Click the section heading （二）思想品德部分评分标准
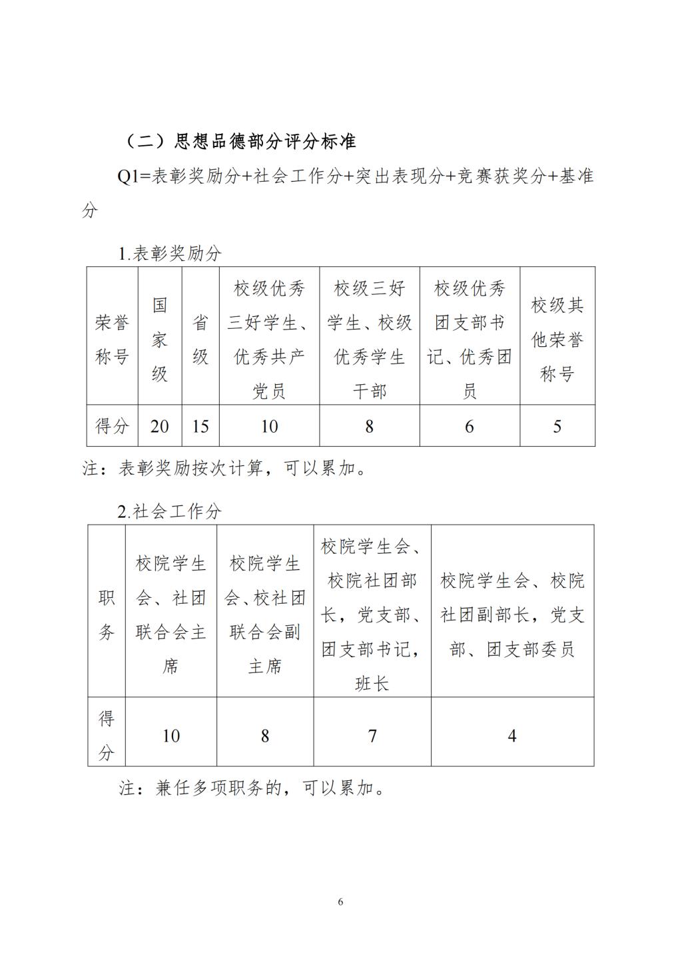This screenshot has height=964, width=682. [240, 141]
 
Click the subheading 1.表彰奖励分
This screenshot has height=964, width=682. [170, 254]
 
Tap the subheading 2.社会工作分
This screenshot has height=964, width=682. [170, 511]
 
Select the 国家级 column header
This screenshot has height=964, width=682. [159, 340]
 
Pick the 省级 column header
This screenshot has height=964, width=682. [200, 340]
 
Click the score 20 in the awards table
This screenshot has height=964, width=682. [159, 426]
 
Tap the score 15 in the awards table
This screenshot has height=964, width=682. [200, 426]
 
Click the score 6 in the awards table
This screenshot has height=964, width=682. [469, 426]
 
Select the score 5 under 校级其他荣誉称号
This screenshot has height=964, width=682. [557, 426]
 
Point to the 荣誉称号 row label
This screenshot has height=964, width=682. [112, 340]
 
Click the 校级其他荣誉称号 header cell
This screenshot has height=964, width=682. [557, 340]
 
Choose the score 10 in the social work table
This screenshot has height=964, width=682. [171, 736]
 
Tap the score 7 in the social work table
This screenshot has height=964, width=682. [372, 736]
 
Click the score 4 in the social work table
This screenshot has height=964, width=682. [512, 736]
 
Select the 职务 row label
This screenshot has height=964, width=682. [107, 614]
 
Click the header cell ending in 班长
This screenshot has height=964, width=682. [372, 614]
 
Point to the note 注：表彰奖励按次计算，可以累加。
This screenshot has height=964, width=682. [224, 469]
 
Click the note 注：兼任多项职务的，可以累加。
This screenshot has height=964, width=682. [252, 789]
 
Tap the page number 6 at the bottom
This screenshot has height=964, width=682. [341, 902]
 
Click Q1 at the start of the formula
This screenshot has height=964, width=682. [128, 176]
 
